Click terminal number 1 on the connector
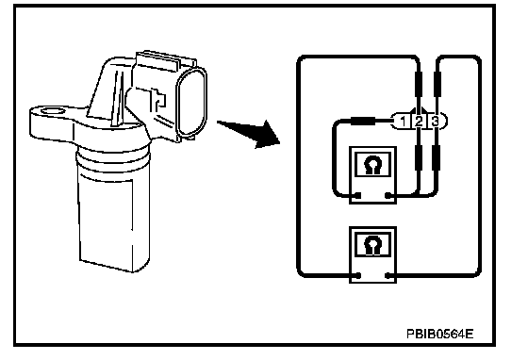(404, 122)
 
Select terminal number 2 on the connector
(419, 122)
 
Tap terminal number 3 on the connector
(435, 122)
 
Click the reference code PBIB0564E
(439, 334)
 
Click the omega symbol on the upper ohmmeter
(372, 164)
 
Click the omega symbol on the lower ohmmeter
(372, 244)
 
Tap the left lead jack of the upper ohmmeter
(358, 195)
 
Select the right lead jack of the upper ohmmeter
(388, 195)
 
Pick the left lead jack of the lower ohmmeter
(358, 275)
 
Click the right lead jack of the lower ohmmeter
(388, 275)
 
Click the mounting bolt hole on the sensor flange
(52, 111)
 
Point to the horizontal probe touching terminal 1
(363, 121)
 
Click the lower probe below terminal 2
(419, 157)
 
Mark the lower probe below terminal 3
(437, 157)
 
